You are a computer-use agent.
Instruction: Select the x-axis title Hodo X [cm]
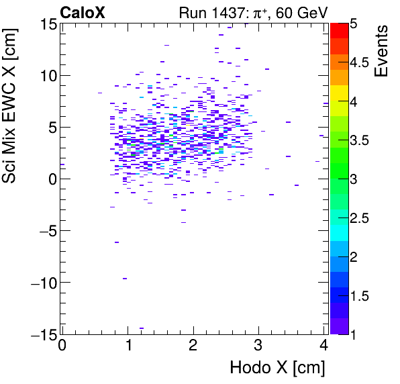click(277, 368)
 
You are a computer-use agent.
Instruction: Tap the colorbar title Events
click(382, 51)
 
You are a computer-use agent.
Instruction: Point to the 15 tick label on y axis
click(48, 24)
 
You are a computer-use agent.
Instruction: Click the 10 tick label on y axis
click(48, 76)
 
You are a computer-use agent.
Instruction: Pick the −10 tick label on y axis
click(42, 283)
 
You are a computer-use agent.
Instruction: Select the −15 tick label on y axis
click(42, 334)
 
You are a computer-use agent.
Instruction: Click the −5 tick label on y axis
click(46, 231)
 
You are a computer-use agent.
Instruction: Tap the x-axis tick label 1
click(128, 346)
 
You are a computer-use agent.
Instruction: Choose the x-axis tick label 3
click(258, 346)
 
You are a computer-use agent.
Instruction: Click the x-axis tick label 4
click(323, 346)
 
